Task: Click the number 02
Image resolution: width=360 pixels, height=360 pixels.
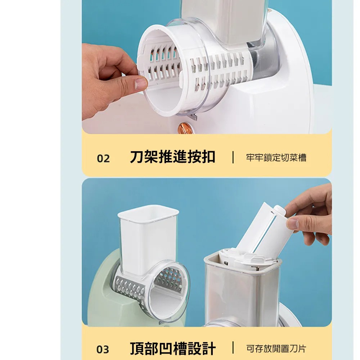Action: click(103, 158)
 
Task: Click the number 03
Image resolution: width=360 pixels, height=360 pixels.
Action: click(103, 350)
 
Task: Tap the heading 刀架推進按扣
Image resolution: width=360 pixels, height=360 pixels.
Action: click(173, 157)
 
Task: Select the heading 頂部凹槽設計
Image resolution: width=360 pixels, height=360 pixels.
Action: click(173, 348)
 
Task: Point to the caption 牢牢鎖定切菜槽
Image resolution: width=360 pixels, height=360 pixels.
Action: click(276, 158)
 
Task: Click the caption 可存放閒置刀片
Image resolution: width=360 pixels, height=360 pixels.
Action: click(276, 349)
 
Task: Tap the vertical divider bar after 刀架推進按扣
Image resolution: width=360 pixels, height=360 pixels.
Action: click(233, 157)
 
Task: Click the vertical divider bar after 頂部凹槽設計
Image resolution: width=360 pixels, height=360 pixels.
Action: click(233, 348)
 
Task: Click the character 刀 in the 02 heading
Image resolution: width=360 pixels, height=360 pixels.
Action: click(137, 157)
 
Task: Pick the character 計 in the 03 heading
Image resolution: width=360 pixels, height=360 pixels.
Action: click(209, 348)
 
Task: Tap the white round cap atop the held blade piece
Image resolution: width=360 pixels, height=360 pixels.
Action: click(279, 211)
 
